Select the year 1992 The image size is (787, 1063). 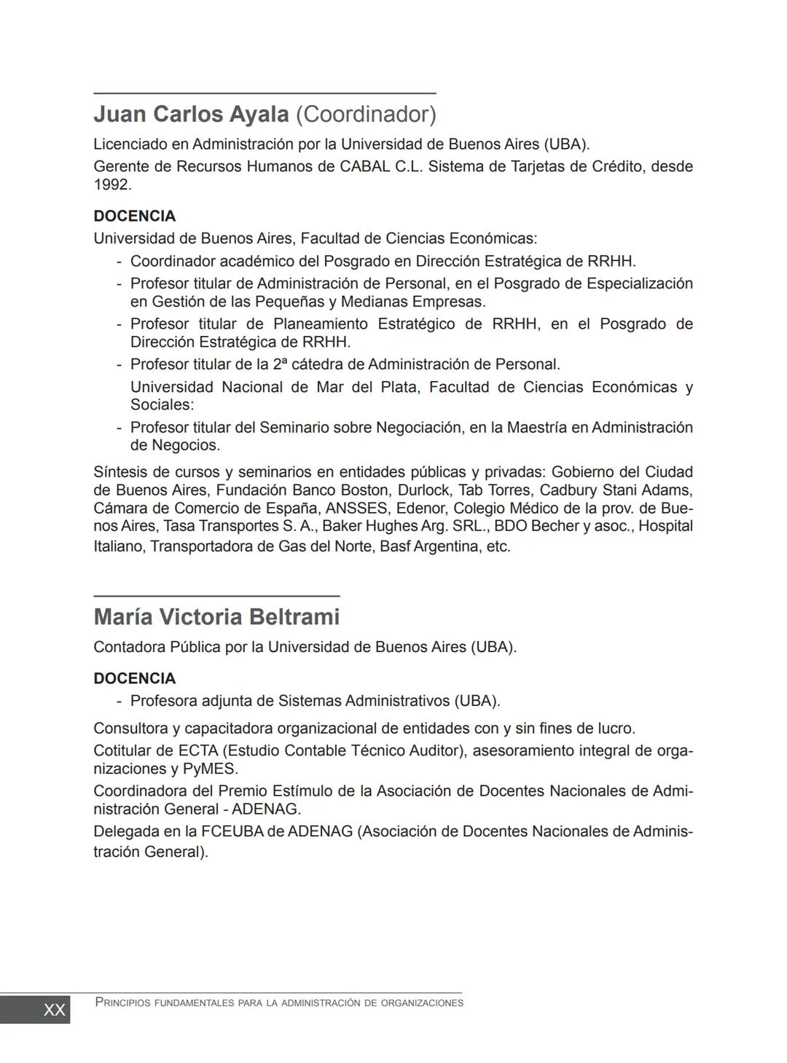pyautogui.click(x=112, y=185)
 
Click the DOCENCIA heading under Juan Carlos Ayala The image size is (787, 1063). pyautogui.click(x=135, y=216)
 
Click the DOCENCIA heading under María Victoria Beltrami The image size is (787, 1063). pyautogui.click(x=135, y=679)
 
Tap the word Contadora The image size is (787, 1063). pyautogui.click(x=129, y=647)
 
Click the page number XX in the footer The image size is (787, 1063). pyautogui.click(x=55, y=1010)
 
